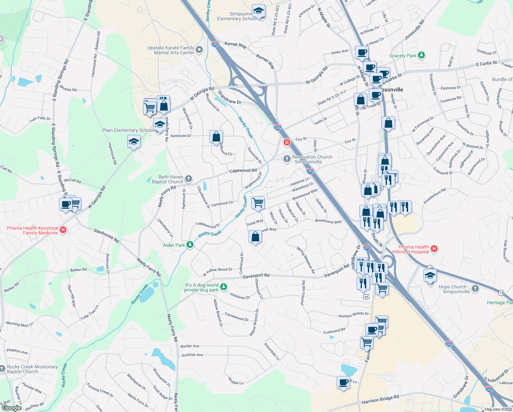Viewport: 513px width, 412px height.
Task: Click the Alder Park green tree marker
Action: coord(190,245)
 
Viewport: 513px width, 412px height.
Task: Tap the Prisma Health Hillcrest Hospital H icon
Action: coord(434,249)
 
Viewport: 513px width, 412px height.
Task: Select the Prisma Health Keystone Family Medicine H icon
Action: coord(63,230)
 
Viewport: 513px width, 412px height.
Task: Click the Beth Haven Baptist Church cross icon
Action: coord(188,179)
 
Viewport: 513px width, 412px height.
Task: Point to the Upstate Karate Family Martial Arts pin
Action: coord(199,50)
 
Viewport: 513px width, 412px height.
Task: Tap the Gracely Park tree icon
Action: coord(421,55)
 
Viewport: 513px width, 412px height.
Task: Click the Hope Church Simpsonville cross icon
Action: coord(475,288)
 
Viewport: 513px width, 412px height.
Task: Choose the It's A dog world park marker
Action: coord(224,287)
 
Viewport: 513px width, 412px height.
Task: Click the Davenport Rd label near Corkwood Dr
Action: coord(256,276)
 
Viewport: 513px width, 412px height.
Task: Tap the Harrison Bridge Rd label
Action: coord(380,400)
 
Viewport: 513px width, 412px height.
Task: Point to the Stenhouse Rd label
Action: coord(106,236)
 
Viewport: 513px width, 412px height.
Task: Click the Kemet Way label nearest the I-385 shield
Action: coord(235,44)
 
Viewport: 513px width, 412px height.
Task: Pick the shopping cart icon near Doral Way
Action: coord(258,203)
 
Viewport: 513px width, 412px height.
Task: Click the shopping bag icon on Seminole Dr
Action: coord(216,137)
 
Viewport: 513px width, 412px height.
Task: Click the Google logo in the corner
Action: coord(11,408)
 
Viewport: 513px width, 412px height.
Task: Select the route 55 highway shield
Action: coord(366,297)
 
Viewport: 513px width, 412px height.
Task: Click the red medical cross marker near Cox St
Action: coord(287,142)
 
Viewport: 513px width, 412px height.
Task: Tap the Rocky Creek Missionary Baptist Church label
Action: coord(32,369)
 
